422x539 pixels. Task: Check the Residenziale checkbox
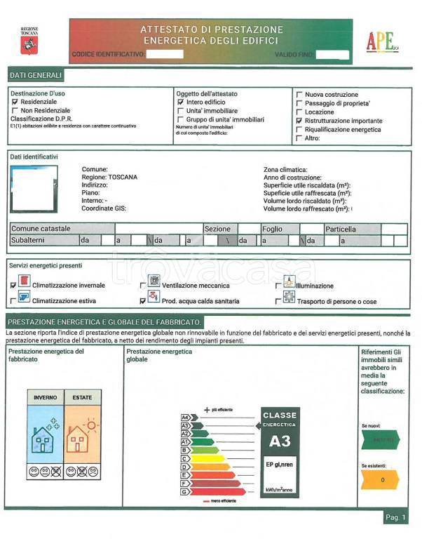tap(15, 102)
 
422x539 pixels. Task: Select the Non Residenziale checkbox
tap(15, 111)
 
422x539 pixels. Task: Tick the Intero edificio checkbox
tap(180, 102)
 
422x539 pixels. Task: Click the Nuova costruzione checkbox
tap(300, 94)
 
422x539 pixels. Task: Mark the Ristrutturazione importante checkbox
tap(300, 121)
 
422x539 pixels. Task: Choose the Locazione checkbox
tap(300, 112)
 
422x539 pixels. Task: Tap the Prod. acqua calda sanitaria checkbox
tap(143, 301)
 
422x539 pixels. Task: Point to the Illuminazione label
tap(315, 286)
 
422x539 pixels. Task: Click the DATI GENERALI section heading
tap(36, 75)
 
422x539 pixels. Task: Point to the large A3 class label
tap(280, 441)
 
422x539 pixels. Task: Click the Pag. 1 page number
tap(395, 517)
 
